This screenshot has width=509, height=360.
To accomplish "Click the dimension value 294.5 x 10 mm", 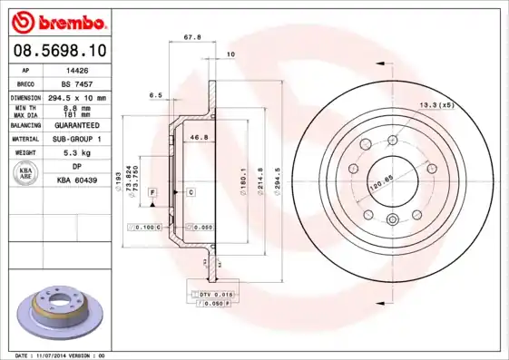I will point(76,96).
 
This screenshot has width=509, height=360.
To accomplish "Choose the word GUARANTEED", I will point(76,124).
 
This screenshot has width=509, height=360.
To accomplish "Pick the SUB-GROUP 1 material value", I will point(76,139).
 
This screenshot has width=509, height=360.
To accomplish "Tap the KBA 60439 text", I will point(76,181).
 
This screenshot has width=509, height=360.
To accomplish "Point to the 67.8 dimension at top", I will point(192,38).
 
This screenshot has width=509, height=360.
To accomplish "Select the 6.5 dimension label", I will point(155,94).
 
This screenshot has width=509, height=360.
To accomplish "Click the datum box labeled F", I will point(153,193).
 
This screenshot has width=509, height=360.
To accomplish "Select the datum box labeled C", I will point(191,193).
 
